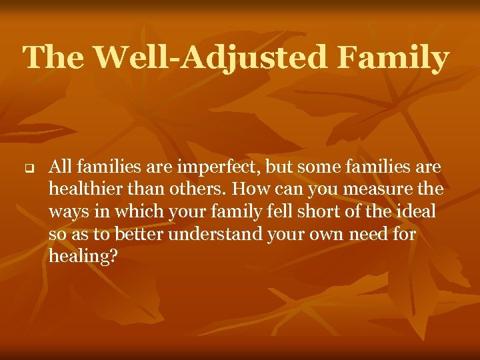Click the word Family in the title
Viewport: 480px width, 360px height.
(393, 59)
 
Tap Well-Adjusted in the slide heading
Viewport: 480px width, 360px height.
(211, 59)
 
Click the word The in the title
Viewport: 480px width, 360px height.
(54, 59)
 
